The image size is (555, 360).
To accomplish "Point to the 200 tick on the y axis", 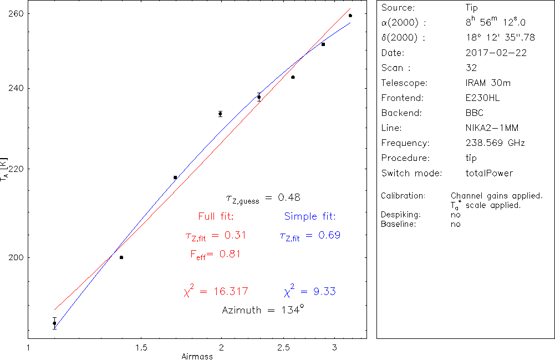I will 16,257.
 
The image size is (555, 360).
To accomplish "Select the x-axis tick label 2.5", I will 284,347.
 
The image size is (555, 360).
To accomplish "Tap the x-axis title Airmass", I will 197,357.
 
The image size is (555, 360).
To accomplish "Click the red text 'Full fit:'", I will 216,216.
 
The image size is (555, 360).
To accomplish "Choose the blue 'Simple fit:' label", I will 310,216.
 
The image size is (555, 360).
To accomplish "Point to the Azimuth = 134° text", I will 263,310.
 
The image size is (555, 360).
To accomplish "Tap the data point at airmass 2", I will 220,114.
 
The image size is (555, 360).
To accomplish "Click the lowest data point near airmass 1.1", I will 54,323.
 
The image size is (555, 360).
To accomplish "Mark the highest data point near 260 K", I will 350,16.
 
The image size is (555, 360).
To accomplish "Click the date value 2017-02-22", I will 496,53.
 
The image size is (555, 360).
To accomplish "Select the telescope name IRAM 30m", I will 488,83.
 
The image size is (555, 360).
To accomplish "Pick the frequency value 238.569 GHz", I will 495,143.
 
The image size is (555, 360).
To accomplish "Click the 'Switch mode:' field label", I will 411,173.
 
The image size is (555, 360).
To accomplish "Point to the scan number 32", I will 471,68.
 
